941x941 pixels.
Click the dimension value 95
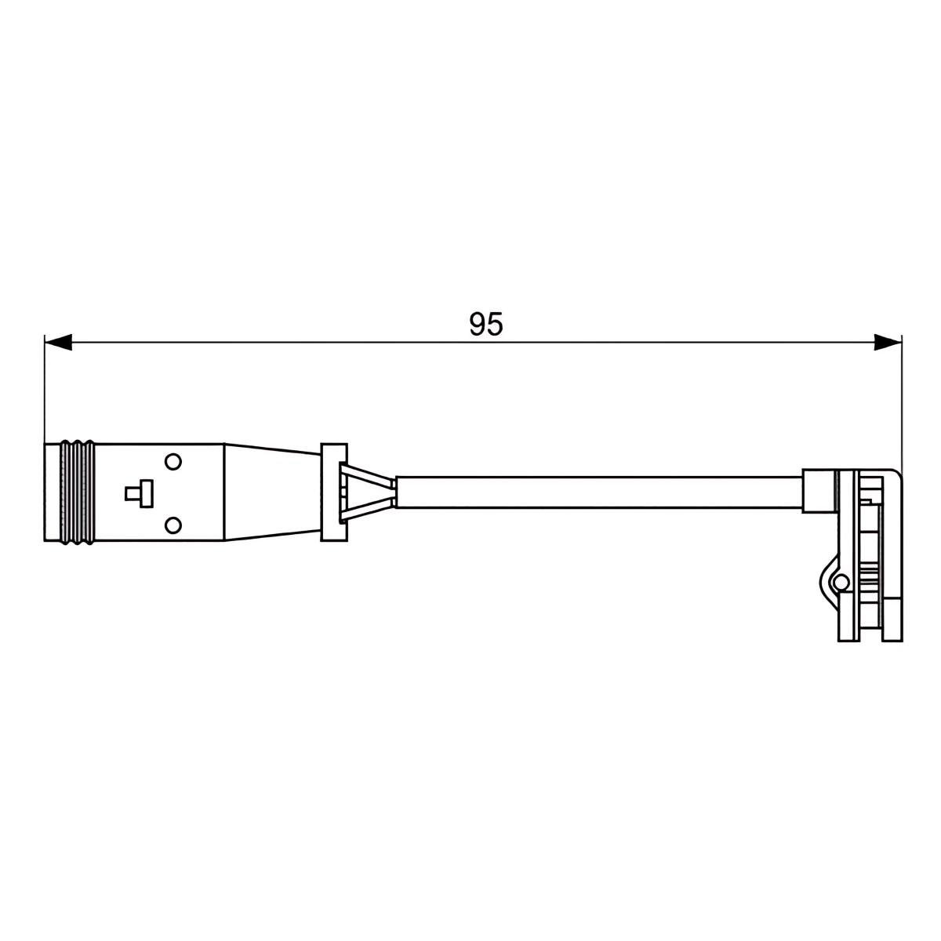[485, 324]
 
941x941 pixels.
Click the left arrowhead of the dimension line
[57, 342]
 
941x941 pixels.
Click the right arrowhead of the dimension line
[887, 342]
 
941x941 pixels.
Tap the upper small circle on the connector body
[173, 461]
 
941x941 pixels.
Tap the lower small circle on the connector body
[173, 525]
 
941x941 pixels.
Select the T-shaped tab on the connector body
[140, 494]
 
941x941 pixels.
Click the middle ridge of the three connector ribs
[76, 492]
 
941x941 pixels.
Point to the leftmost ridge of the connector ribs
[65, 492]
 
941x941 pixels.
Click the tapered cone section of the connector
[272, 492]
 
